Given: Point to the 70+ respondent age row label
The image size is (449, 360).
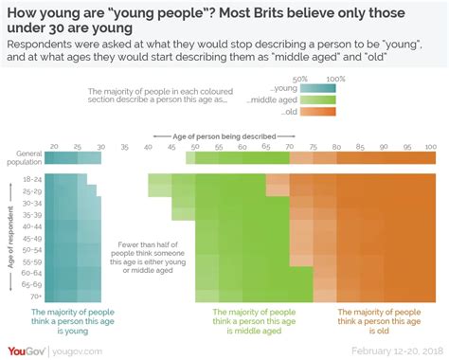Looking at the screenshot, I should click(31, 296).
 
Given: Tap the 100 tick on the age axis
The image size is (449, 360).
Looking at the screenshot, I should click(430, 146).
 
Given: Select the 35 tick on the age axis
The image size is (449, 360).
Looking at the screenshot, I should click(123, 146).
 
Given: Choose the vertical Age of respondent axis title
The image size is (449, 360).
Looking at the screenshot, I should click(11, 238).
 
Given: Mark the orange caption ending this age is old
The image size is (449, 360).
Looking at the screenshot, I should click(379, 321).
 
